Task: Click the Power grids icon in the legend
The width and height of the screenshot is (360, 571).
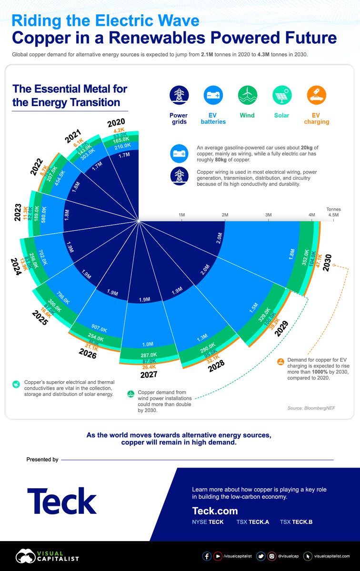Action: (x=179, y=96)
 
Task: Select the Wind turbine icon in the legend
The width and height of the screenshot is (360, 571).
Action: (x=247, y=96)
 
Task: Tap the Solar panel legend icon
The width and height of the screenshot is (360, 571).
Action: (x=282, y=96)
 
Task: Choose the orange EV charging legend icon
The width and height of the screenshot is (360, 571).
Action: (x=316, y=96)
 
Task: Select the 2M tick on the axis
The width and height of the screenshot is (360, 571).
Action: (x=225, y=215)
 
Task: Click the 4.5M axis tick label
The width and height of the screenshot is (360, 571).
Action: (x=333, y=215)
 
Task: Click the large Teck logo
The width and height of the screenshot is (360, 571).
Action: (x=62, y=501)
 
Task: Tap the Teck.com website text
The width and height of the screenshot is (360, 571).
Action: (x=215, y=511)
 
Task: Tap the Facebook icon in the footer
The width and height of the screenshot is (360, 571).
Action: (x=207, y=556)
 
